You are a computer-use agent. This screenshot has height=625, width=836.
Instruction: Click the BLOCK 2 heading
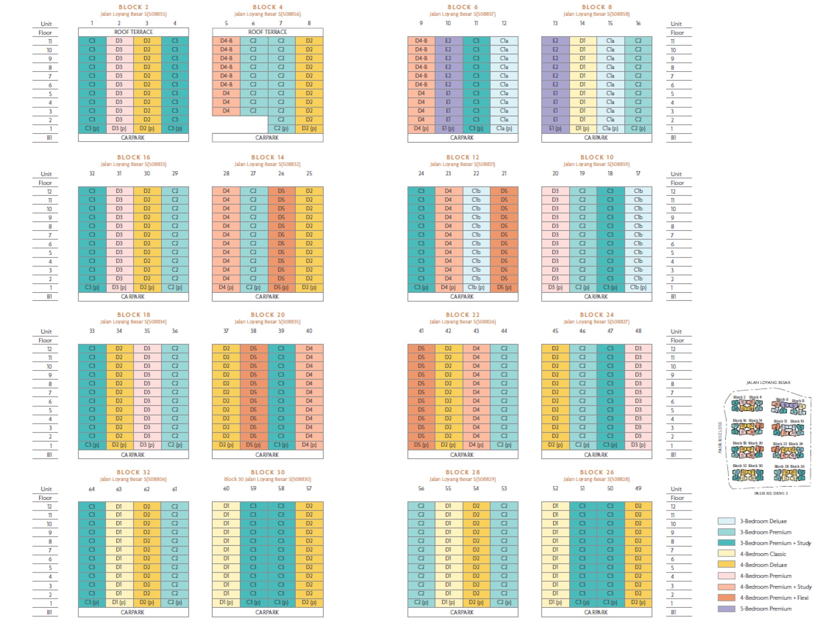(x=133, y=7)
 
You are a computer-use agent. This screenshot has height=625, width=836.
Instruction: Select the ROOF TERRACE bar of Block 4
(x=267, y=32)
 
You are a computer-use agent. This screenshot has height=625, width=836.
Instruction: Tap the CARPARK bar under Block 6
(x=462, y=137)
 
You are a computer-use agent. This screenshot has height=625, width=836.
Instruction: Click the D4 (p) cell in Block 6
(x=421, y=129)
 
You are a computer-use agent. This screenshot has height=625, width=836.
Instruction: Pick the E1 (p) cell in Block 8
(x=555, y=129)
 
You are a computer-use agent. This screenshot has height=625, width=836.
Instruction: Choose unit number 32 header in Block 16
(x=92, y=173)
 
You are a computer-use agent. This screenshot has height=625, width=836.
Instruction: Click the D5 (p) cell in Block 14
(x=281, y=287)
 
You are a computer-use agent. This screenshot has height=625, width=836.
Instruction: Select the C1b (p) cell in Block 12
(x=476, y=287)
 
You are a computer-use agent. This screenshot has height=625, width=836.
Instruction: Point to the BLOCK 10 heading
(x=597, y=157)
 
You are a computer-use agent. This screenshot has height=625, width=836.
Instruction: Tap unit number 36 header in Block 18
(x=175, y=331)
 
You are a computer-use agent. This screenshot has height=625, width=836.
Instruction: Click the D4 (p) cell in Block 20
(x=309, y=445)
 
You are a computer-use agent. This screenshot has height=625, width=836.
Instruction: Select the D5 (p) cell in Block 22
(x=421, y=445)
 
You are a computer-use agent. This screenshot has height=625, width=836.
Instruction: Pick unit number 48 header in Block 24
(x=638, y=331)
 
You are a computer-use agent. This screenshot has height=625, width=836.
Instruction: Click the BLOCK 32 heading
(x=133, y=472)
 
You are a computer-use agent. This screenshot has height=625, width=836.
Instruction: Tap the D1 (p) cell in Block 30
(x=226, y=602)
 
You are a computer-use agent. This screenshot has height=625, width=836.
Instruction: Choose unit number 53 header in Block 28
(x=504, y=488)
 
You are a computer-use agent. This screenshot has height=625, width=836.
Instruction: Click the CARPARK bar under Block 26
(x=596, y=612)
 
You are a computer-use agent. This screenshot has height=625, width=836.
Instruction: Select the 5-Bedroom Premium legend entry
(x=765, y=609)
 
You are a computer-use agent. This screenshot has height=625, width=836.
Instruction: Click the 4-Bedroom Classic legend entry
(x=762, y=554)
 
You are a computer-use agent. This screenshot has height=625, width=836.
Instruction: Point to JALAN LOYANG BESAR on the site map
(x=768, y=382)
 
